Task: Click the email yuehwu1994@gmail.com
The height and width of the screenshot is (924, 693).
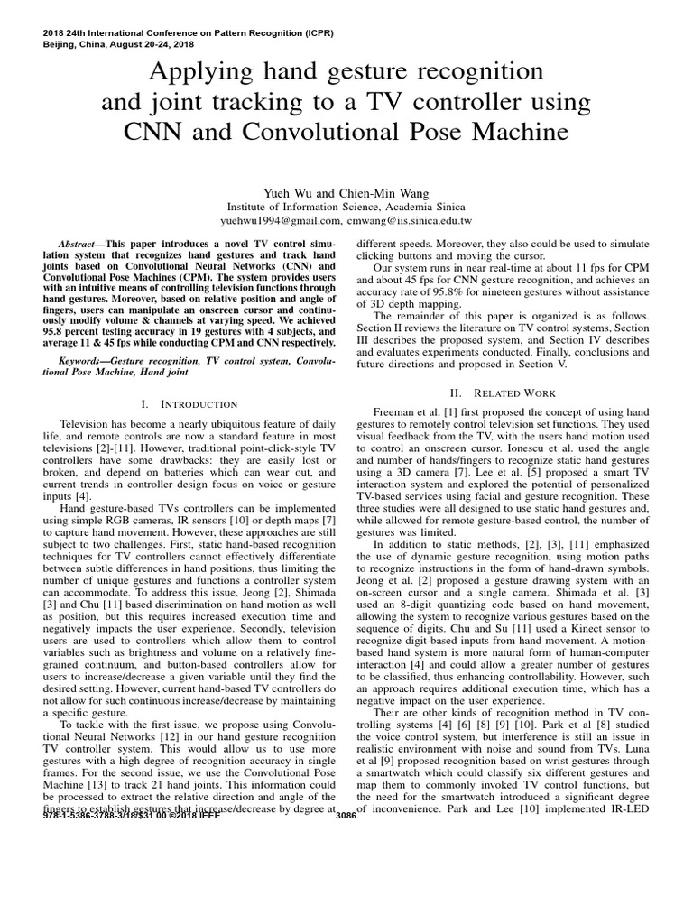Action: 281,219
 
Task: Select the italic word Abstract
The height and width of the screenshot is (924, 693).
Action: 78,245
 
